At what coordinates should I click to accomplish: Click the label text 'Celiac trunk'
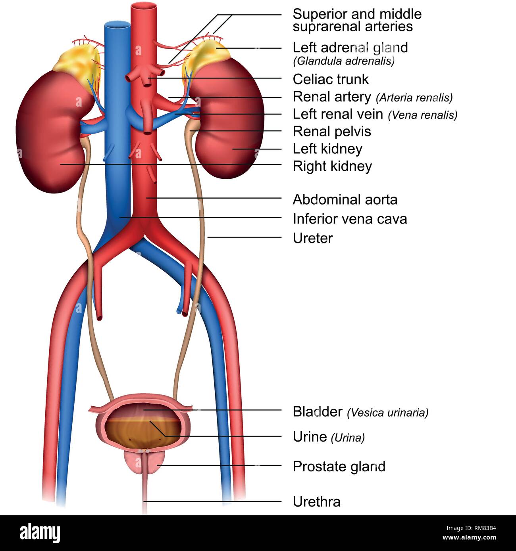pyautogui.click(x=331, y=79)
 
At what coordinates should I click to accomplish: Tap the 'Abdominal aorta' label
pyautogui.click(x=345, y=199)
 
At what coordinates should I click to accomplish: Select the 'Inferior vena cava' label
pyautogui.click(x=350, y=219)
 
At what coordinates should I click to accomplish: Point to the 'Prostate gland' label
pyautogui.click(x=339, y=467)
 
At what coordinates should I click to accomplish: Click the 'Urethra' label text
pyautogui.click(x=316, y=502)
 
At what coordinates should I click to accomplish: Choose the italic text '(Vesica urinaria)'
pyautogui.click(x=387, y=413)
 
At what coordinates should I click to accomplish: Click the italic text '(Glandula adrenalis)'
pyautogui.click(x=344, y=61)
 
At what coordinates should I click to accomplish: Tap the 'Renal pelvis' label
pyautogui.click(x=332, y=132)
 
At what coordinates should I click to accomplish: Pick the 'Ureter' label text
pyautogui.click(x=312, y=238)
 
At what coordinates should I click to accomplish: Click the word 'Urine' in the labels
pyautogui.click(x=310, y=437)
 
